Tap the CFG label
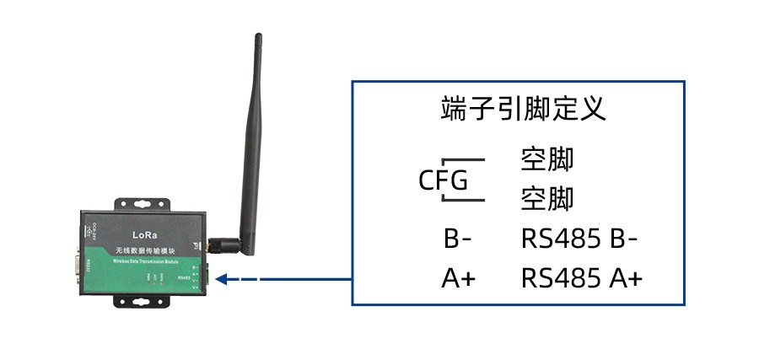444,180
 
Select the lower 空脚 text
546,199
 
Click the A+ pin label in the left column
458,278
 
